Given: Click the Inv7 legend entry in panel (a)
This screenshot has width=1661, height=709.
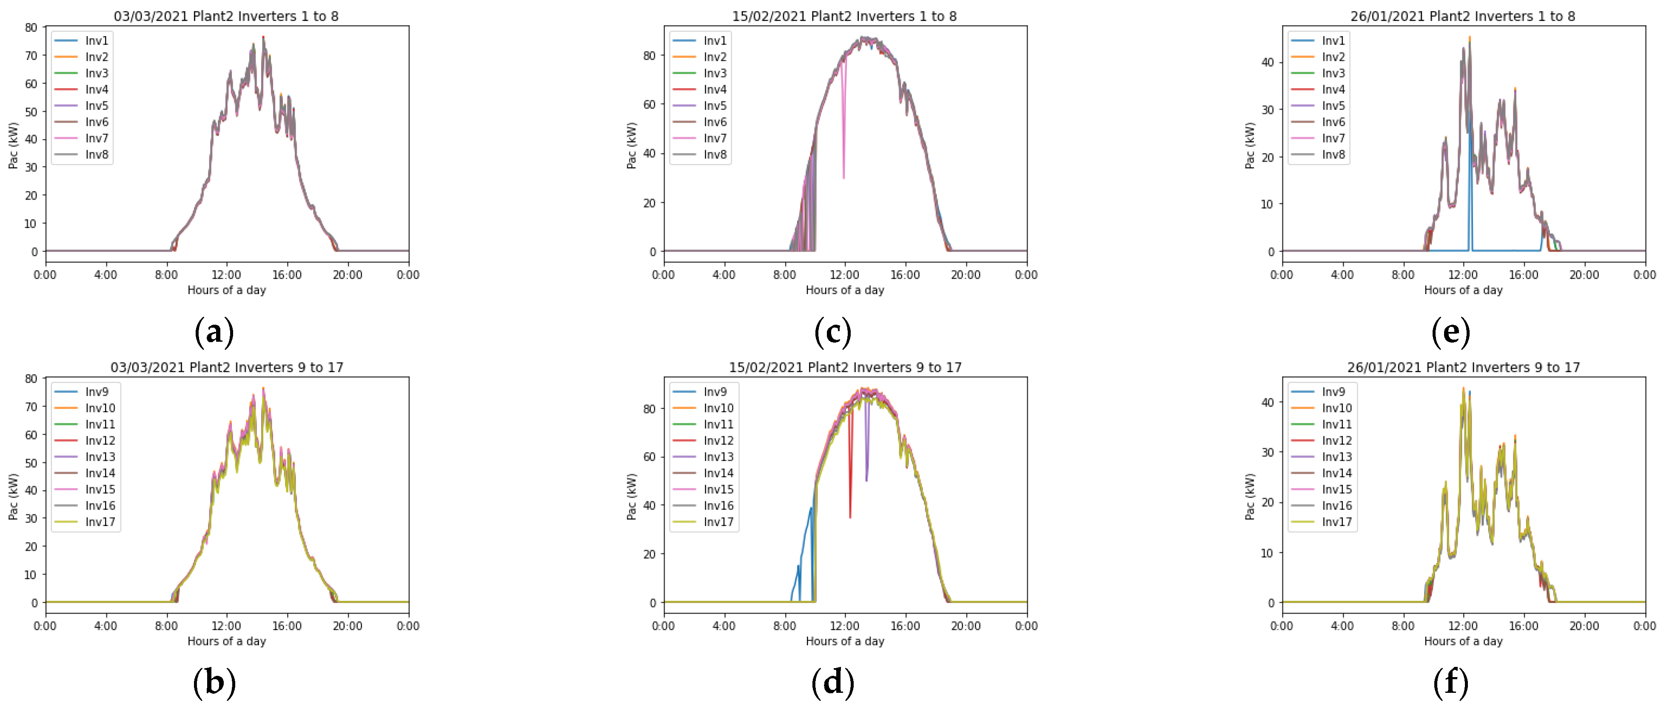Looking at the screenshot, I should click(96, 138).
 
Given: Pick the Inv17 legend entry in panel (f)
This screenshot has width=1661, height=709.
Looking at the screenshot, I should click(1336, 522).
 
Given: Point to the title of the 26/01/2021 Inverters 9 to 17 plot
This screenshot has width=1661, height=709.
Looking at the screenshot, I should click(1463, 367).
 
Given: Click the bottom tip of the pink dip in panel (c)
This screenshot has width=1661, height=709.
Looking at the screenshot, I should click(843, 177).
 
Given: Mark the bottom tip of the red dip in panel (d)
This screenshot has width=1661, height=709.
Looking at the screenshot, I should click(850, 517).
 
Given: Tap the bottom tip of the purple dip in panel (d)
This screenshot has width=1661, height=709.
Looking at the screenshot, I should click(866, 480).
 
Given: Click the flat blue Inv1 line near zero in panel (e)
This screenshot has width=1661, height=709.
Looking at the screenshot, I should click(1502, 250).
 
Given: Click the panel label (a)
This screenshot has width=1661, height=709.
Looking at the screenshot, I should click(214, 332).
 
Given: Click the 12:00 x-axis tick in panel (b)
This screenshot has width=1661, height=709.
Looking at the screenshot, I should click(226, 626).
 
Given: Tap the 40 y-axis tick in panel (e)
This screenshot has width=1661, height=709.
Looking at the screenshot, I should click(1267, 63).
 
